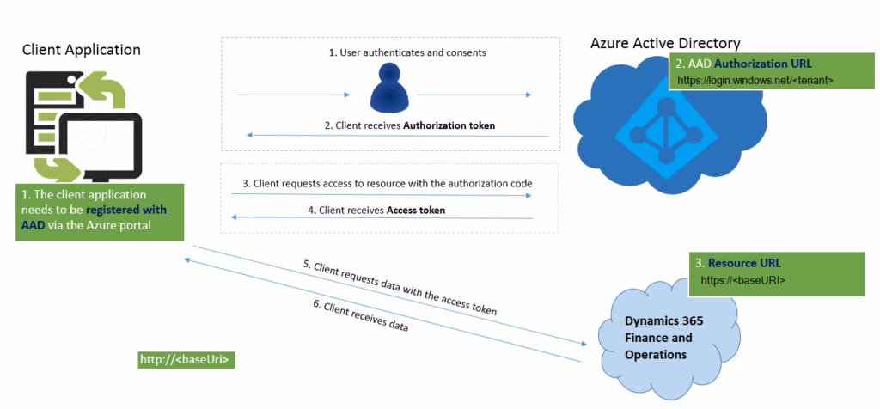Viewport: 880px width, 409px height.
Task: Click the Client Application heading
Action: [82, 51]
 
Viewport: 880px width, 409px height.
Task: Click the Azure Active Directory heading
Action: [665, 44]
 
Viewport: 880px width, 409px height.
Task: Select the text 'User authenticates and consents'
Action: [407, 52]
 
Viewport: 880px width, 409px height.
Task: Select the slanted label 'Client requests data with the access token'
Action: [400, 288]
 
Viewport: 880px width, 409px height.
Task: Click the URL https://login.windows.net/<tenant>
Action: [755, 80]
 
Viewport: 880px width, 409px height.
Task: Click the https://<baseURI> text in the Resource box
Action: [743, 279]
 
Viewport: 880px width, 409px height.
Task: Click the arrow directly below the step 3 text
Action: [382, 195]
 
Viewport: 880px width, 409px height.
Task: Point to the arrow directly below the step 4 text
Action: [382, 218]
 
